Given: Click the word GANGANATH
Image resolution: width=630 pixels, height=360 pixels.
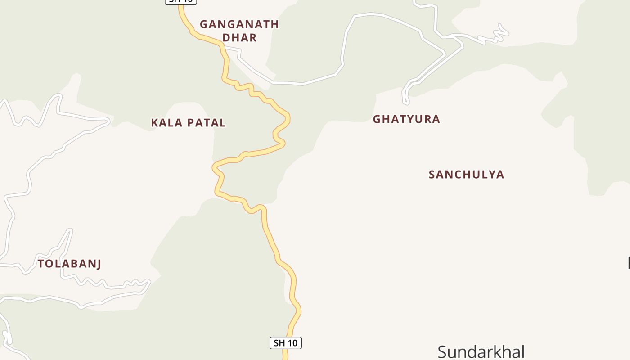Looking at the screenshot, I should click(x=239, y=24).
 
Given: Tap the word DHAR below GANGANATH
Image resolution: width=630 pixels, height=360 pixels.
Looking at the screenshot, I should click(x=239, y=38).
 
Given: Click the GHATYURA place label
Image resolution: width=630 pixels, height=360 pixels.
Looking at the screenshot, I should click(x=406, y=119).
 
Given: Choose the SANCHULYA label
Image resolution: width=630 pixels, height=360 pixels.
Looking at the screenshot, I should click(x=466, y=175).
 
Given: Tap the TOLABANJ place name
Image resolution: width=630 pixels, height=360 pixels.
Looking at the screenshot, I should click(x=69, y=264).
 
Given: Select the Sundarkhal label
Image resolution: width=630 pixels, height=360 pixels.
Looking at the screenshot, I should click(x=481, y=351).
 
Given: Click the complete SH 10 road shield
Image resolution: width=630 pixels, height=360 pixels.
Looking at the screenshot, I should click(x=286, y=343).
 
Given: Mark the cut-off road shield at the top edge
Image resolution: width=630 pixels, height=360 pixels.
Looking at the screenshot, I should click(x=181, y=1).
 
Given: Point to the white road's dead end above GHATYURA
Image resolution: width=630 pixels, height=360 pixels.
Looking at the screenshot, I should click(x=406, y=103).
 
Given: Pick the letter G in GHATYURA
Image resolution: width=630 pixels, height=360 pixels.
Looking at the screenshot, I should click(x=377, y=119).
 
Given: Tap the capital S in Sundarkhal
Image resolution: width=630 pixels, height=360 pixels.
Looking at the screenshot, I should click(x=442, y=351).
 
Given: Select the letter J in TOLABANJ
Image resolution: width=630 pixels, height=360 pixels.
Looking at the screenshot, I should click(x=97, y=264).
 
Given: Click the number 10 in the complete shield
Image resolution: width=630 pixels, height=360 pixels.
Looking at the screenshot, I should click(x=292, y=343).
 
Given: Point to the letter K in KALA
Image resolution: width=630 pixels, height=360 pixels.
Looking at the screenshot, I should click(x=155, y=123).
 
